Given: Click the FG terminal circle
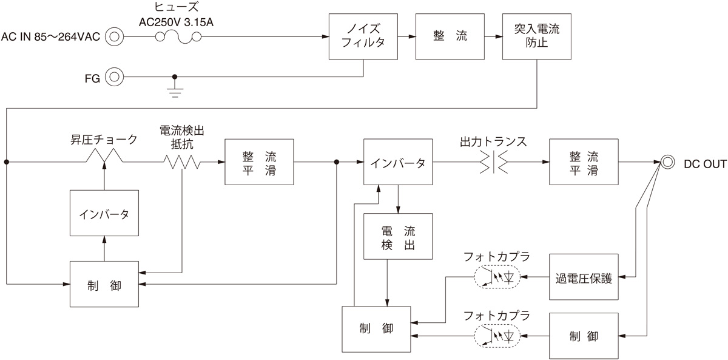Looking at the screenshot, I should [114, 77].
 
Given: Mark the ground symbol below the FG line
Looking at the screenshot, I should [175, 92].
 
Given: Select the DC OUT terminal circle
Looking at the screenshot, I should [667, 162].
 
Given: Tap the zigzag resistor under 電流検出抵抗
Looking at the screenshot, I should [181, 162].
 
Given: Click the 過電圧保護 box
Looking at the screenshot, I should [583, 277].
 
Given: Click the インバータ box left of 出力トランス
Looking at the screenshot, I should [398, 162].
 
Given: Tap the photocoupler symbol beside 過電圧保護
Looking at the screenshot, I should [496, 277].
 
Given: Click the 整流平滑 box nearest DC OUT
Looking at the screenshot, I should [583, 162].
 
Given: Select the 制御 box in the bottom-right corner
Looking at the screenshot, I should [583, 335].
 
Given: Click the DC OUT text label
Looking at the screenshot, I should [704, 163].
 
